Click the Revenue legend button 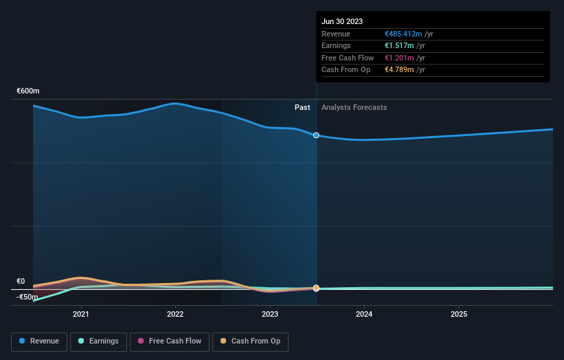point(39,341)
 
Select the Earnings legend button point(98,341)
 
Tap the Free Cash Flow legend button point(168,341)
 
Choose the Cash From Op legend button point(251,341)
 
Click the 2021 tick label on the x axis point(81,314)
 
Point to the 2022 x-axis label point(175,314)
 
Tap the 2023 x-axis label point(270,314)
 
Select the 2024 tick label point(364,314)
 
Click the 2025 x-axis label point(459,314)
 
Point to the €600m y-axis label point(28,91)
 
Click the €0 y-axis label point(21,281)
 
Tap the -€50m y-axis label point(27,297)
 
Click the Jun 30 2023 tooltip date point(341,21)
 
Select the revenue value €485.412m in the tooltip point(404,34)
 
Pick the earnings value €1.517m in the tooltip point(399,46)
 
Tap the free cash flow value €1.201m point(399,58)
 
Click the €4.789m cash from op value point(399,69)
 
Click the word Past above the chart point(302,107)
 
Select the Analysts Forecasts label point(354,107)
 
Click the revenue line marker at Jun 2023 point(316,135)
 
